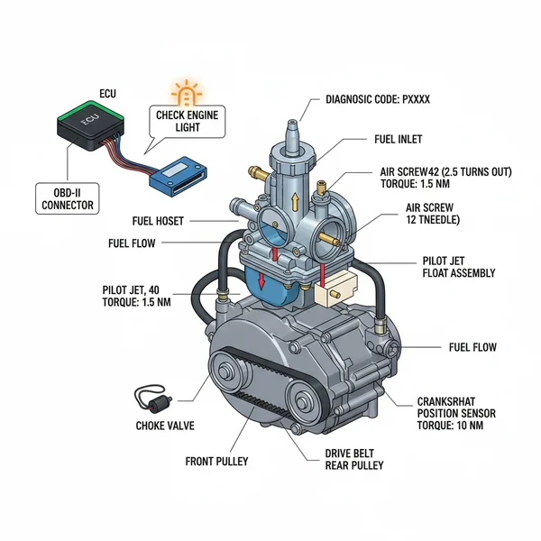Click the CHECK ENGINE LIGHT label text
click(x=190, y=122)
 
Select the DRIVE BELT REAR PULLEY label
click(x=353, y=459)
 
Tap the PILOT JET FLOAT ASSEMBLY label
click(x=457, y=267)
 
